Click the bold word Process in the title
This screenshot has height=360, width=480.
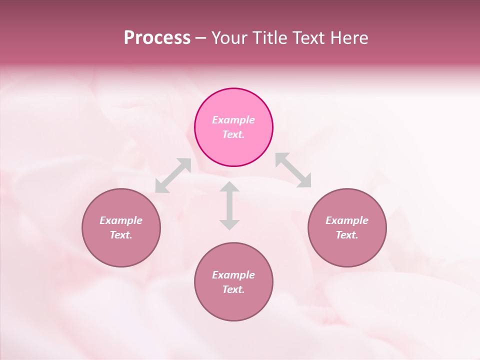(157, 38)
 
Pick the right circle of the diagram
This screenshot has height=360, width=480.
(347, 247)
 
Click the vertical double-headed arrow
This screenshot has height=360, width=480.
(229, 205)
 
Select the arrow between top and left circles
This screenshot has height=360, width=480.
(173, 175)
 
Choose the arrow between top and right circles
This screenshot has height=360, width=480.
(293, 170)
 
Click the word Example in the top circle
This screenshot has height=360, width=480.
(233, 120)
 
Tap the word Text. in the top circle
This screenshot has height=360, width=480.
(233, 134)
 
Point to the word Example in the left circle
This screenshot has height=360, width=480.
(121, 220)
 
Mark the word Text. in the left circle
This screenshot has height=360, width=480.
(121, 235)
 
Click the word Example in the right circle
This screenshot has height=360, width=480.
(347, 220)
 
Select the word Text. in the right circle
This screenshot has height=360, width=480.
(347, 235)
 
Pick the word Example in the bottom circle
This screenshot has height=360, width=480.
(233, 275)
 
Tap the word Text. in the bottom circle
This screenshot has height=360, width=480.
(233, 289)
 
